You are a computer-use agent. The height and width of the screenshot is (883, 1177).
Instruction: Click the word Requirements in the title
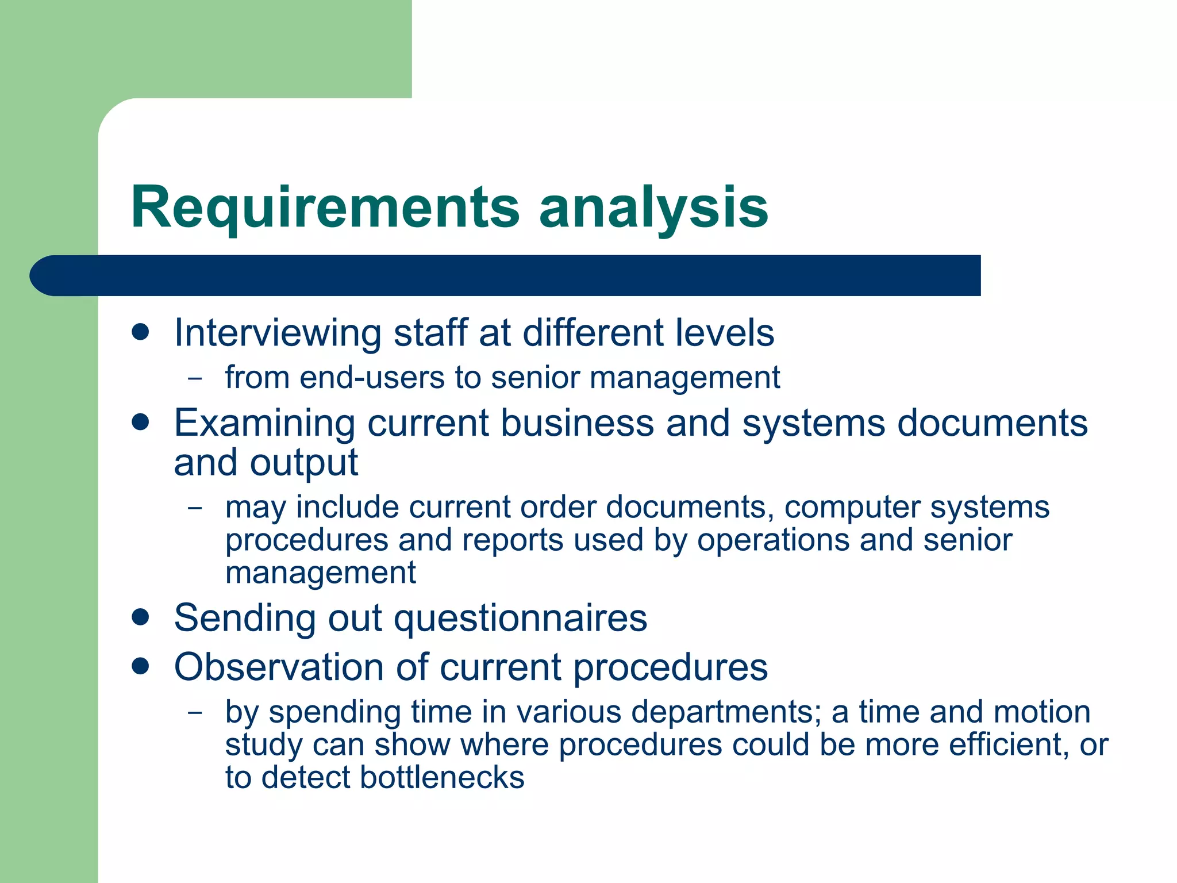point(325,208)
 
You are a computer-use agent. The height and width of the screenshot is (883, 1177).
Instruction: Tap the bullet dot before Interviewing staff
point(140,332)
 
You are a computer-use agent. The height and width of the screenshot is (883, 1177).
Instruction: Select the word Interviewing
point(278,333)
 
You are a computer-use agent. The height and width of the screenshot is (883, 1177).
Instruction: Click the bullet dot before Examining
point(140,423)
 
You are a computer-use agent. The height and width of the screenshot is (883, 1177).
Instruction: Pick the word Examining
point(264,424)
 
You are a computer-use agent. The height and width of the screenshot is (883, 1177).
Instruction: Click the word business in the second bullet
point(577,424)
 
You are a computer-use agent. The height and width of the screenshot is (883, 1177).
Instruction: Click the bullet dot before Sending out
point(140,618)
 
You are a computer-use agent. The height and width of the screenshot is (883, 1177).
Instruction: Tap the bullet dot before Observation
point(140,667)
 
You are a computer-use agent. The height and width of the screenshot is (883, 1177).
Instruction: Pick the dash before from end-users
point(195,379)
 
